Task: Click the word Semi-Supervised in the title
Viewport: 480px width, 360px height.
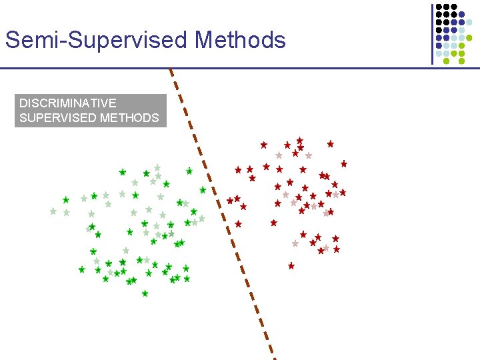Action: click(x=97, y=40)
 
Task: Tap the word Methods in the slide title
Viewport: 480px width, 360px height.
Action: click(x=240, y=40)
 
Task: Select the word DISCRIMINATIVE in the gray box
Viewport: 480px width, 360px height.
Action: click(x=67, y=103)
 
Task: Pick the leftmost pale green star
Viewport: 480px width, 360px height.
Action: click(x=53, y=211)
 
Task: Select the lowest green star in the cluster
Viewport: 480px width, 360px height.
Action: click(x=145, y=293)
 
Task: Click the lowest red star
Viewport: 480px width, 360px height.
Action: click(x=291, y=266)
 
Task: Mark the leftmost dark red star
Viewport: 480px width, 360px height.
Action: click(x=230, y=200)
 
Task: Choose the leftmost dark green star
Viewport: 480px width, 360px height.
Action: click(x=65, y=200)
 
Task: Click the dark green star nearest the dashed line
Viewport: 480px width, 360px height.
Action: click(x=203, y=190)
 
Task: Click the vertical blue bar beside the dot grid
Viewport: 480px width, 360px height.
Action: click(x=432, y=33)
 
